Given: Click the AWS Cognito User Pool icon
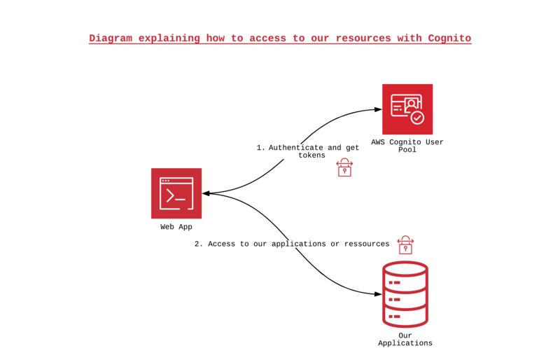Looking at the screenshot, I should coord(407,109).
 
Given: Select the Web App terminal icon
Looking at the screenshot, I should coord(176,193).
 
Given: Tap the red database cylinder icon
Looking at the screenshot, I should coord(405,294).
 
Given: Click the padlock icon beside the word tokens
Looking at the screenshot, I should coord(344,167).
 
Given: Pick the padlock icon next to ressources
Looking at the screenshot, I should coord(405,244).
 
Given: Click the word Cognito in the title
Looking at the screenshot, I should coord(449,39).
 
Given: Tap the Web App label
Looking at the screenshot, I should coord(176,227).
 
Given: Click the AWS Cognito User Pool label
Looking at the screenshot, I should coord(407,146).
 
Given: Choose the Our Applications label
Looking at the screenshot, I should coord(405,339).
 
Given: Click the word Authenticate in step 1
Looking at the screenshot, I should coord(296,148).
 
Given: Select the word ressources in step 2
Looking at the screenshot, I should coord(363,244).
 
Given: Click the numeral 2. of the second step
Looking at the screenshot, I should coord(199,244).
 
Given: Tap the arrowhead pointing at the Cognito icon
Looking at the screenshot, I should coord(377,110).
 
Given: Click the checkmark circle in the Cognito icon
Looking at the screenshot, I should coord(417,118).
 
